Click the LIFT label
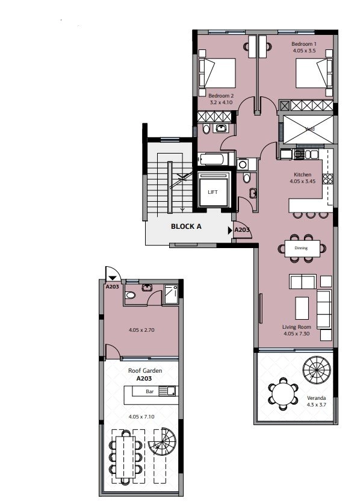click(213, 191)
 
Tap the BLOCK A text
click(186, 227)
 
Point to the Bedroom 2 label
click(220, 96)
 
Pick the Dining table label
click(301, 248)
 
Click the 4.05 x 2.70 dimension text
click(142, 330)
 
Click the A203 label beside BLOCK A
click(242, 230)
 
